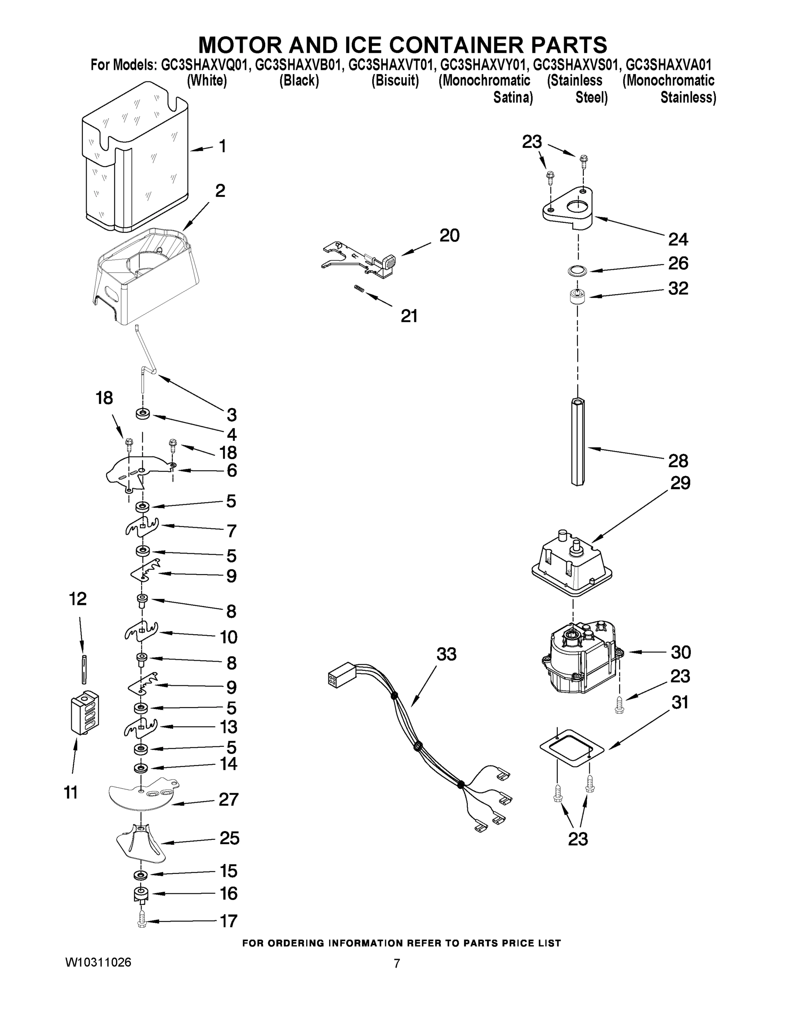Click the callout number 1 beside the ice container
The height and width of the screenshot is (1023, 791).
(223, 146)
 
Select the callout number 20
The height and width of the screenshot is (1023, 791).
(449, 235)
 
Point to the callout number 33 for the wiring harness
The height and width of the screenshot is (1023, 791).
(446, 654)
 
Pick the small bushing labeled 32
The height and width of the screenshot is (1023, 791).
(577, 297)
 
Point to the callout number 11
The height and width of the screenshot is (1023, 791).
(70, 792)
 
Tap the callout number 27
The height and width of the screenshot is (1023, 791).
(228, 799)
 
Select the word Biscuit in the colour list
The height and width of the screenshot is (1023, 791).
(395, 81)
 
